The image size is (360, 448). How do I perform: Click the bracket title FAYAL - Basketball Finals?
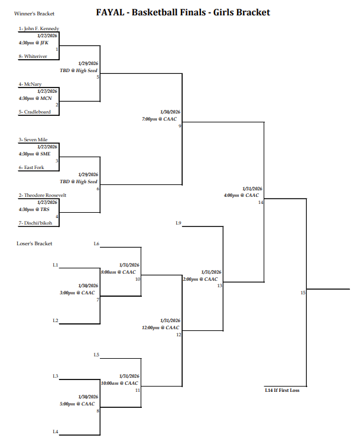coord(183,12)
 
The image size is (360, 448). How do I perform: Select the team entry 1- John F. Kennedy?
coord(38,28)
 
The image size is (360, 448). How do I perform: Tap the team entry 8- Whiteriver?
coord(33,57)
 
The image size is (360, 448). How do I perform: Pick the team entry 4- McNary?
coord(30,85)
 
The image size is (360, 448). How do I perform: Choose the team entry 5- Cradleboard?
coord(34,112)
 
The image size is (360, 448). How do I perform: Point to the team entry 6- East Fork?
coord(31,168)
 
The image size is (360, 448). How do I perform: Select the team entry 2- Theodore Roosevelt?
coord(43,195)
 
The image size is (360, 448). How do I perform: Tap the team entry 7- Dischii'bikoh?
coord(35,223)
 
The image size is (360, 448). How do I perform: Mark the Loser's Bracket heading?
coord(34,244)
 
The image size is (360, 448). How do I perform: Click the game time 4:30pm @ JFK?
coord(33,43)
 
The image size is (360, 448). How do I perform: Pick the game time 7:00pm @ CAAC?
coord(159,119)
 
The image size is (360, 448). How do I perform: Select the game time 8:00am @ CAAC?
coord(119,272)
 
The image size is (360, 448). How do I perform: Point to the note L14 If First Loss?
coord(282,390)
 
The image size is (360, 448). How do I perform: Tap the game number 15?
coord(303,293)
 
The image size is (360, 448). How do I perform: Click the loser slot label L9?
coord(179,223)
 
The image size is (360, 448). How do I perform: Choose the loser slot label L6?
coord(96,244)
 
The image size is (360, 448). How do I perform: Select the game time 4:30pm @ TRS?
coord(33,209)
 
